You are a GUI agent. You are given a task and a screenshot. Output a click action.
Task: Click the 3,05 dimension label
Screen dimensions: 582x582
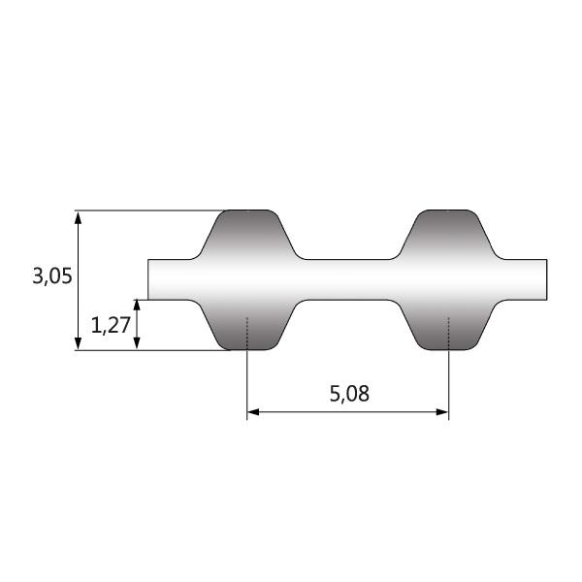pyautogui.click(x=52, y=276)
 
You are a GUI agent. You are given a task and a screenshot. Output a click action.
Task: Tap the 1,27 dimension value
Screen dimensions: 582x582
pyautogui.click(x=111, y=325)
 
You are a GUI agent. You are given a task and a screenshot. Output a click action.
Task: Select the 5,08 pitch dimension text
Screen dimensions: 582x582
pyautogui.click(x=349, y=394)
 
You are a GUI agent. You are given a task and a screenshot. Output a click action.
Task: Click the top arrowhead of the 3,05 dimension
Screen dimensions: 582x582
pyautogui.click(x=78, y=218)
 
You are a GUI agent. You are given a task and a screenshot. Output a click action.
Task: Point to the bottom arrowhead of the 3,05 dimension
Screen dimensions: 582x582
pyautogui.click(x=78, y=343)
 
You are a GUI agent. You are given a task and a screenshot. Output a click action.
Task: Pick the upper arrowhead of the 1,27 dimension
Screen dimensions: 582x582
pyautogui.click(x=137, y=306)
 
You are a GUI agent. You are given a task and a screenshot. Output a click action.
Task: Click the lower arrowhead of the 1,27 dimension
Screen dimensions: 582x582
pyautogui.click(x=137, y=343)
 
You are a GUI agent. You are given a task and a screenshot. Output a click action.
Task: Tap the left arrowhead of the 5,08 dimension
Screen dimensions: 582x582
pyautogui.click(x=253, y=412)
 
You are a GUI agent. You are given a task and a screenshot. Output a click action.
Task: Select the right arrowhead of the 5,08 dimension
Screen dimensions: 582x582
pyautogui.click(x=442, y=412)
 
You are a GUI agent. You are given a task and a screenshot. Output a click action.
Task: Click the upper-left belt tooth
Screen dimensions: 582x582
pyautogui.click(x=247, y=235)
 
